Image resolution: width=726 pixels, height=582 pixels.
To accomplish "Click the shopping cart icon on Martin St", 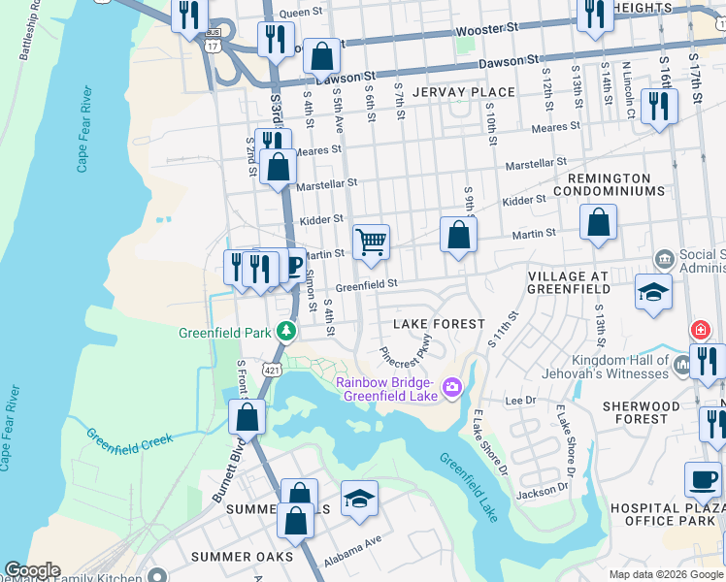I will [x=371, y=242].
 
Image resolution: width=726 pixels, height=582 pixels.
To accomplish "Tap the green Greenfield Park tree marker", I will [x=286, y=332].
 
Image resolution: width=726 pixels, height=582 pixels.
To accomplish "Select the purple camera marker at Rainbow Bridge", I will [x=451, y=388].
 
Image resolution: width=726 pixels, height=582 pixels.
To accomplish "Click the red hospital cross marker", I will [x=699, y=330].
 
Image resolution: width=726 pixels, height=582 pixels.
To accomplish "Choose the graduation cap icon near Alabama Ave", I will [x=359, y=499].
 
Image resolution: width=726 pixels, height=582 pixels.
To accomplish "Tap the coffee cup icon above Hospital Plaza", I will [x=703, y=478].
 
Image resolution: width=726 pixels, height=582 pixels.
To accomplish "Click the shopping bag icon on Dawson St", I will [x=320, y=57].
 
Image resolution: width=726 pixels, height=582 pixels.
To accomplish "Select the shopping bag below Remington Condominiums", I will [x=599, y=223].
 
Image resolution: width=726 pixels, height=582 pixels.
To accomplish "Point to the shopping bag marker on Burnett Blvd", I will [x=247, y=417].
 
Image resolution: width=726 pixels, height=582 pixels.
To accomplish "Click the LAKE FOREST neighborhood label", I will [x=438, y=323].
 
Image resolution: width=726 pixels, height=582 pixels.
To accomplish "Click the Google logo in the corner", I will [x=31, y=570].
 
